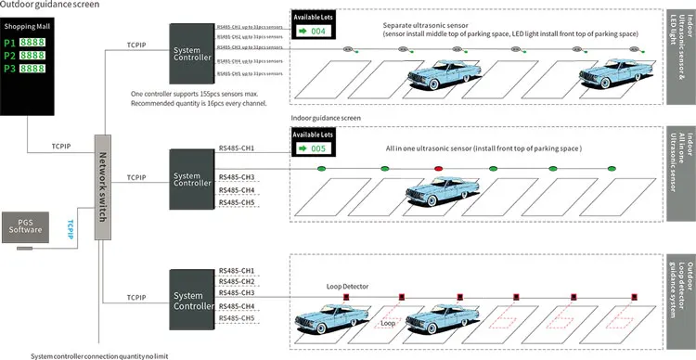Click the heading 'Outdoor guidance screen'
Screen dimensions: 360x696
(52, 6)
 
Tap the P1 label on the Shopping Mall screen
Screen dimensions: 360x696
(9, 44)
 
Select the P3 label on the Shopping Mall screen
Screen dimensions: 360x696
(9, 69)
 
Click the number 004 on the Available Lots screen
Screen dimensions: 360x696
(319, 32)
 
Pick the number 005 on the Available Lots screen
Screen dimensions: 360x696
(319, 148)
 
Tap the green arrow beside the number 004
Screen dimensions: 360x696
(303, 32)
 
